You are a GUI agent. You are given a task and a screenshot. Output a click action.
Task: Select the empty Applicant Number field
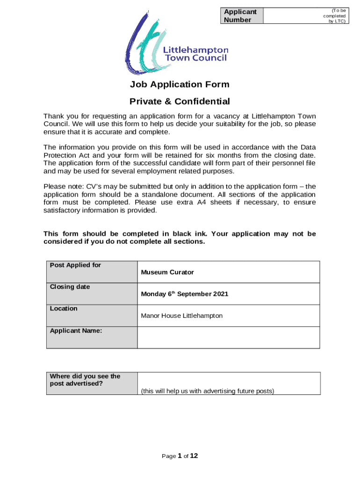tap(292, 15)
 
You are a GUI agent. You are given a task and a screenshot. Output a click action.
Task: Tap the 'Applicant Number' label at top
tap(240, 15)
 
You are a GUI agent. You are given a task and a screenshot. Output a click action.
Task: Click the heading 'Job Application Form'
tap(180, 84)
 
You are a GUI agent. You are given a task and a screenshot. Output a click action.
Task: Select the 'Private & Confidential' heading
tap(180, 101)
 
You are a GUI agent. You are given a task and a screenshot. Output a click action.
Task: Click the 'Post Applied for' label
tap(75, 265)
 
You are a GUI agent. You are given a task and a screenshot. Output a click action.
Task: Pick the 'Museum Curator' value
tap(167, 272)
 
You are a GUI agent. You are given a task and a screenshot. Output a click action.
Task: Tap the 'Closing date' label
tap(70, 287)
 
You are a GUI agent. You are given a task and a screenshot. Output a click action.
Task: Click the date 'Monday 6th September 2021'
tap(185, 294)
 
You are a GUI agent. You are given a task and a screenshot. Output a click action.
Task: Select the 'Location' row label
tap(64, 309)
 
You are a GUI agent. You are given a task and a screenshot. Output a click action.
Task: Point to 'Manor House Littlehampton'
tap(182, 316)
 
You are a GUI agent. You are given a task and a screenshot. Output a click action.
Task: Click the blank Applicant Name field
tap(229, 337)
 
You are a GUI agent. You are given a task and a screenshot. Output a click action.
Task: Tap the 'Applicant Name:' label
tap(76, 330)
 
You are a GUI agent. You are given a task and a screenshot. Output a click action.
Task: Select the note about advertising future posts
tap(208, 391)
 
